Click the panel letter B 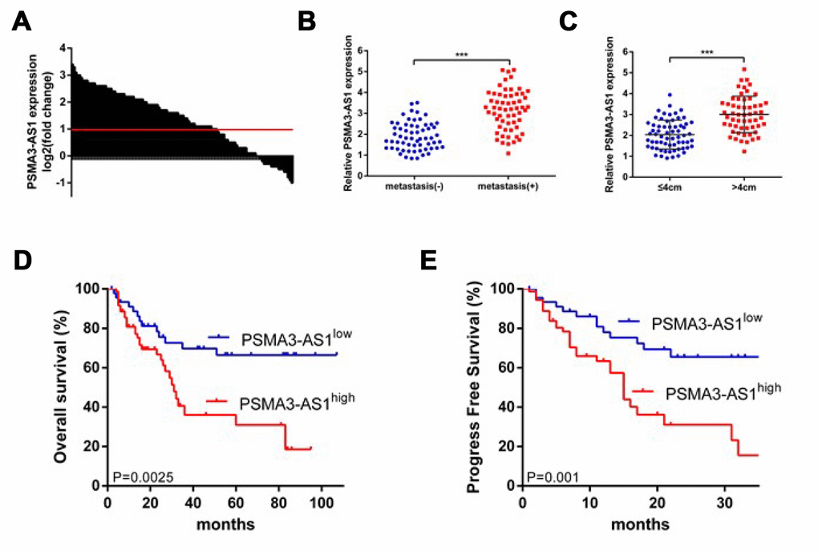coord(307,22)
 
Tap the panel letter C coord(568,22)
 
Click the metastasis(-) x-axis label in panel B coord(410,188)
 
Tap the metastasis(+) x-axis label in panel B coord(510,188)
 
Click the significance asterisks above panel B coord(461,55)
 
